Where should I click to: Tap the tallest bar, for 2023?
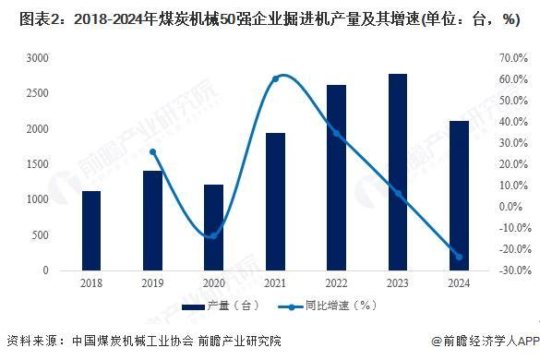398,172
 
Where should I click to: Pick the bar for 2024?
459,196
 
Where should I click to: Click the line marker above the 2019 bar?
152,152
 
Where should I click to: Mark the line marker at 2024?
459,257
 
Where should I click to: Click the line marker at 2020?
213,235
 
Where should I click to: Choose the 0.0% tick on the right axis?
512,207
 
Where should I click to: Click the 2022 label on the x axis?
337,284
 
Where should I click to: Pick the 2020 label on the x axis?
213,284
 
